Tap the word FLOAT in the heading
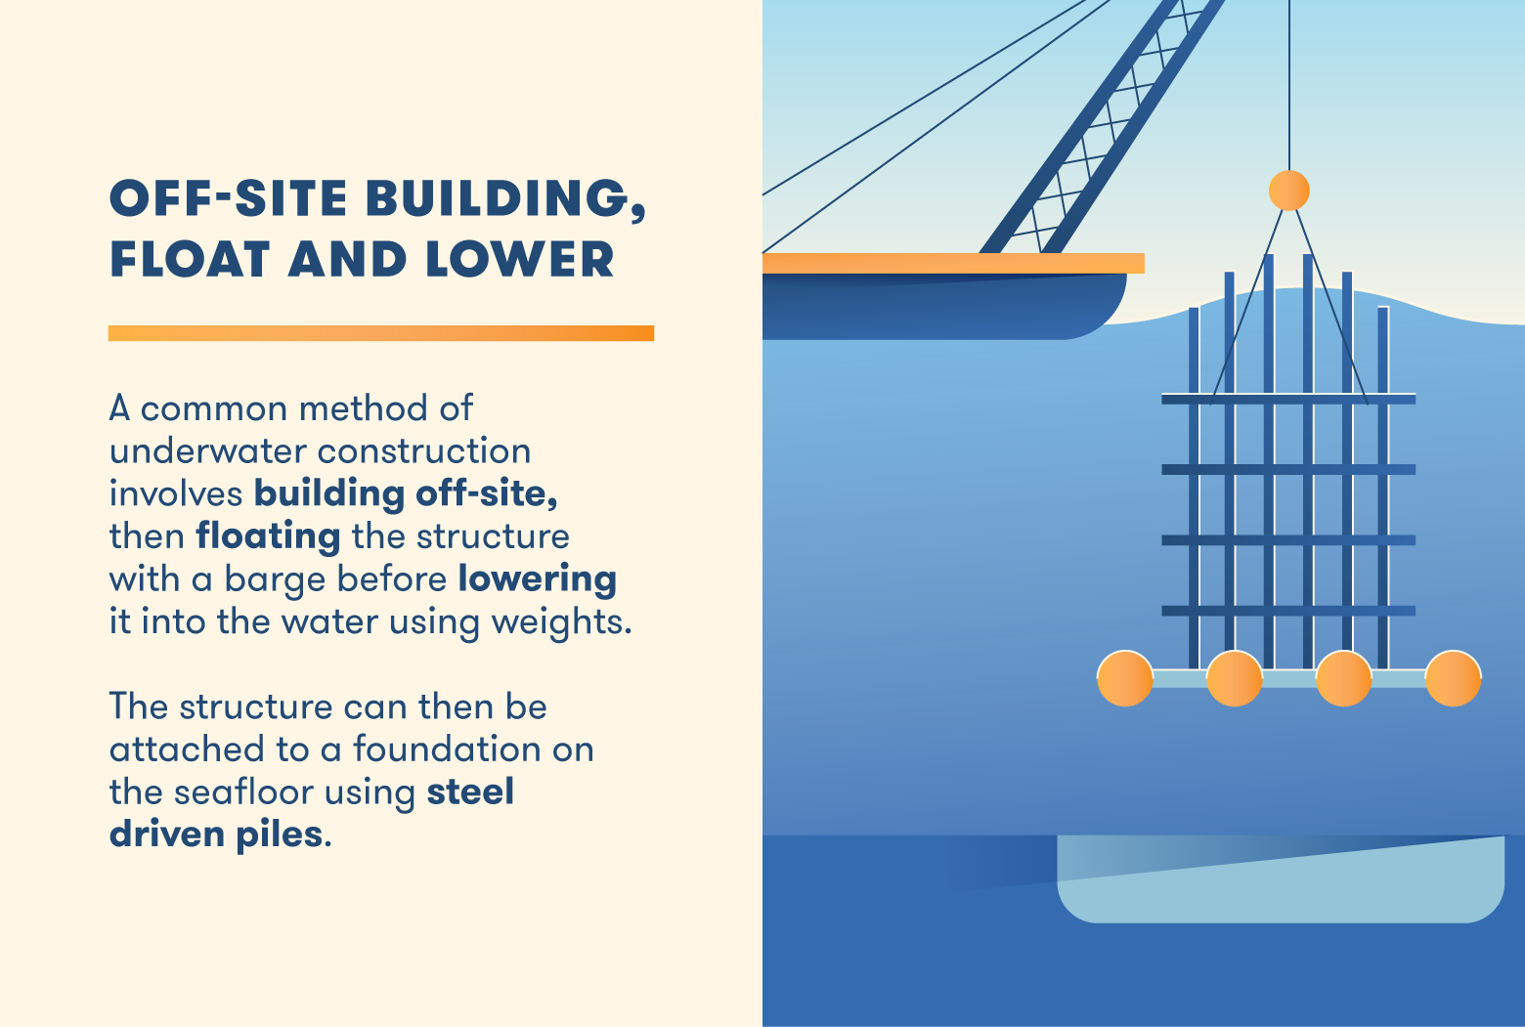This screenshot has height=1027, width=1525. pos(190,259)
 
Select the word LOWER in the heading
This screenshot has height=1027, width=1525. pos(519,259)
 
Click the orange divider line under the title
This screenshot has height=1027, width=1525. pos(381,333)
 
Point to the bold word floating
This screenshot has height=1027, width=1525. pos(268,537)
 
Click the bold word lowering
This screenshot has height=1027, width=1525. pos(537,579)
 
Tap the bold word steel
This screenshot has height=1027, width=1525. pos(470,792)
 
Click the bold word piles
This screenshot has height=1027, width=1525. pos(280,835)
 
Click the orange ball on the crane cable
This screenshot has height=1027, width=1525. pos(1288,191)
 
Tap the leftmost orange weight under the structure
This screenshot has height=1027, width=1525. pos(1124,678)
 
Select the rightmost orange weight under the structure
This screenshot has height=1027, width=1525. pos(1454,678)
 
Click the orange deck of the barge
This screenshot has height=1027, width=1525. pos(953,264)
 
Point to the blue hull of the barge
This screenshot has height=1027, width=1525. pos(943,306)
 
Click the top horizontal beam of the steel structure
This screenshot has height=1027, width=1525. pos(1288,399)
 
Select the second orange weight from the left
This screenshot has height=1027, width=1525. pos(1235,678)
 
